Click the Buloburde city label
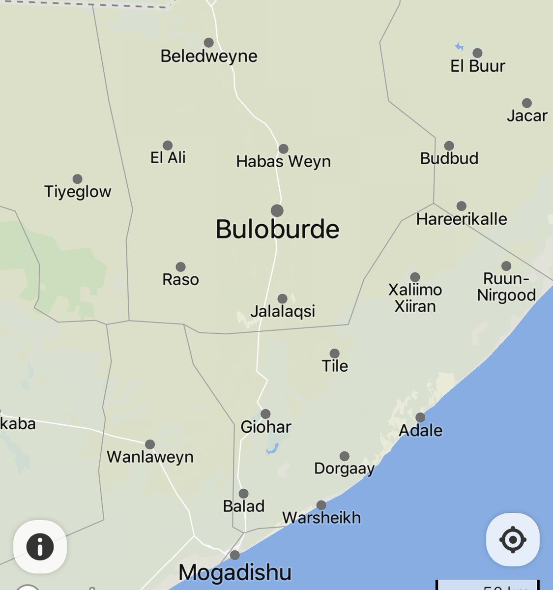(277, 229)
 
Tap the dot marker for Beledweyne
(209, 42)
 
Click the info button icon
(40, 546)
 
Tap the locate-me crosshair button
(512, 539)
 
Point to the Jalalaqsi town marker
(282, 298)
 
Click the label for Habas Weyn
(283, 161)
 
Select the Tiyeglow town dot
(77, 179)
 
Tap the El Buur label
(477, 66)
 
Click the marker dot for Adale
(420, 417)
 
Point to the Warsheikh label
(321, 518)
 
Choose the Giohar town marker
(265, 414)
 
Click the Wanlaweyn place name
(150, 457)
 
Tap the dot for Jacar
(527, 103)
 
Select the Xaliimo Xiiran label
(415, 298)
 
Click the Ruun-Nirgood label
(506, 287)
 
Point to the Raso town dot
(180, 267)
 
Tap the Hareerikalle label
(462, 219)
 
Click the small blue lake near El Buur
(459, 47)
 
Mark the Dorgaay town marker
(345, 456)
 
